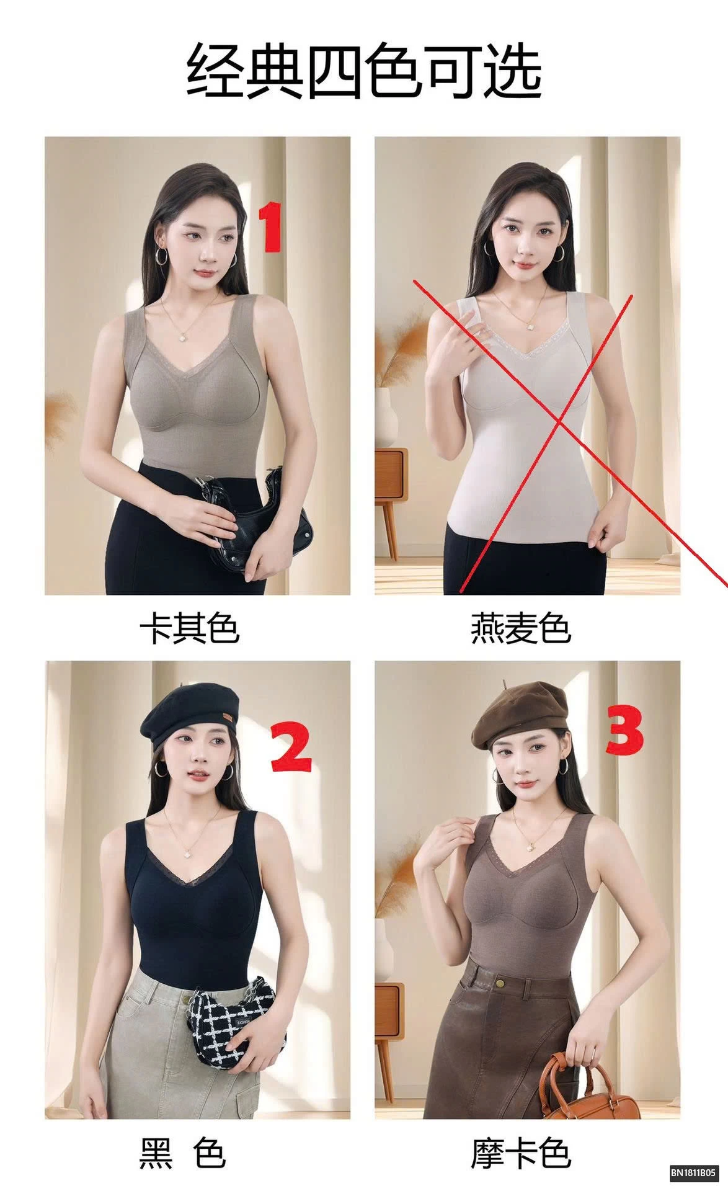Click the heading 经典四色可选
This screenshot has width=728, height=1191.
[364, 69]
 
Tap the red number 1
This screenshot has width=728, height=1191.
[270, 229]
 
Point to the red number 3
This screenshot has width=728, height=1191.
[624, 734]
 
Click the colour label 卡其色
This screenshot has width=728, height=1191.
[189, 629]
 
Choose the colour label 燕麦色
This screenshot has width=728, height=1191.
[520, 629]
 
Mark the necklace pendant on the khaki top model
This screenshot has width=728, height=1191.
[184, 336]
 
